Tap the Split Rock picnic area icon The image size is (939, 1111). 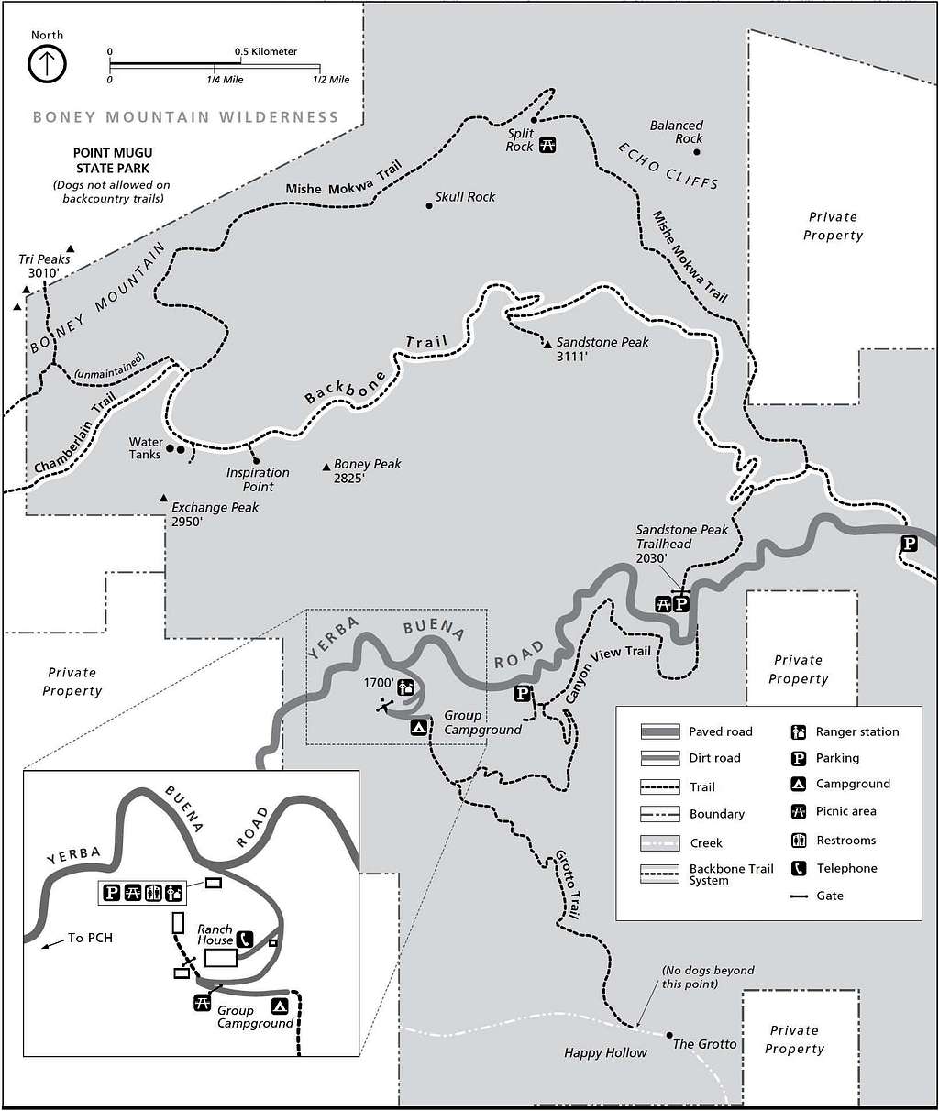[x=547, y=144]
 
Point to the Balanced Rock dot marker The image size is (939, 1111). [x=697, y=152]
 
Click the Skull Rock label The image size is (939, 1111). [x=466, y=197]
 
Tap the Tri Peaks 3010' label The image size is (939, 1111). [x=44, y=265]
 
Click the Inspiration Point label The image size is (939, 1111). [x=258, y=479]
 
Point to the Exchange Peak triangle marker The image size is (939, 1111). [x=164, y=499]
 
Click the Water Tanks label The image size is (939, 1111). [x=145, y=448]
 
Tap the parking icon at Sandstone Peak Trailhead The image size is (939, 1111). [x=680, y=603]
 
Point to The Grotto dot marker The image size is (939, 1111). [x=669, y=1035]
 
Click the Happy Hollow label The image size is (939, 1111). [x=606, y=1053]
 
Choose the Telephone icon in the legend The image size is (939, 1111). [x=798, y=868]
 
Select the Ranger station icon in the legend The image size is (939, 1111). [x=798, y=731]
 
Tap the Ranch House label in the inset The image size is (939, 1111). [x=215, y=934]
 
